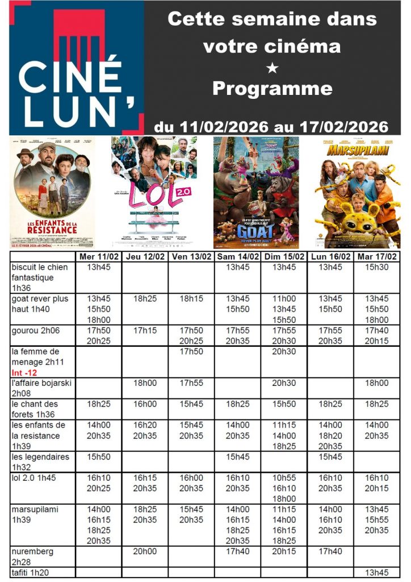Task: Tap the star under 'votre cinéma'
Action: [272, 68]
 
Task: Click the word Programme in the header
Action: [272, 89]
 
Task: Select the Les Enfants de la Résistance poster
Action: [52, 193]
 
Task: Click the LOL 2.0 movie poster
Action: [154, 193]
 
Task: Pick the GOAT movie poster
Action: [256, 193]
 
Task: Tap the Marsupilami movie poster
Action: [358, 193]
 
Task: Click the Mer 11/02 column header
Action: [99, 257]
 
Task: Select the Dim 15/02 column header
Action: [284, 257]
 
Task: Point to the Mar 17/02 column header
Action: [376, 257]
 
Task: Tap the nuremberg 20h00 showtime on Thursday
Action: [145, 551]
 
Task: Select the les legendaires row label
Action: [40, 462]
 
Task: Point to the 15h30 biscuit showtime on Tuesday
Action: [376, 267]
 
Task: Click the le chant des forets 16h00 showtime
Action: [145, 404]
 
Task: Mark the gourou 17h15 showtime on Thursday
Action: [145, 330]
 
